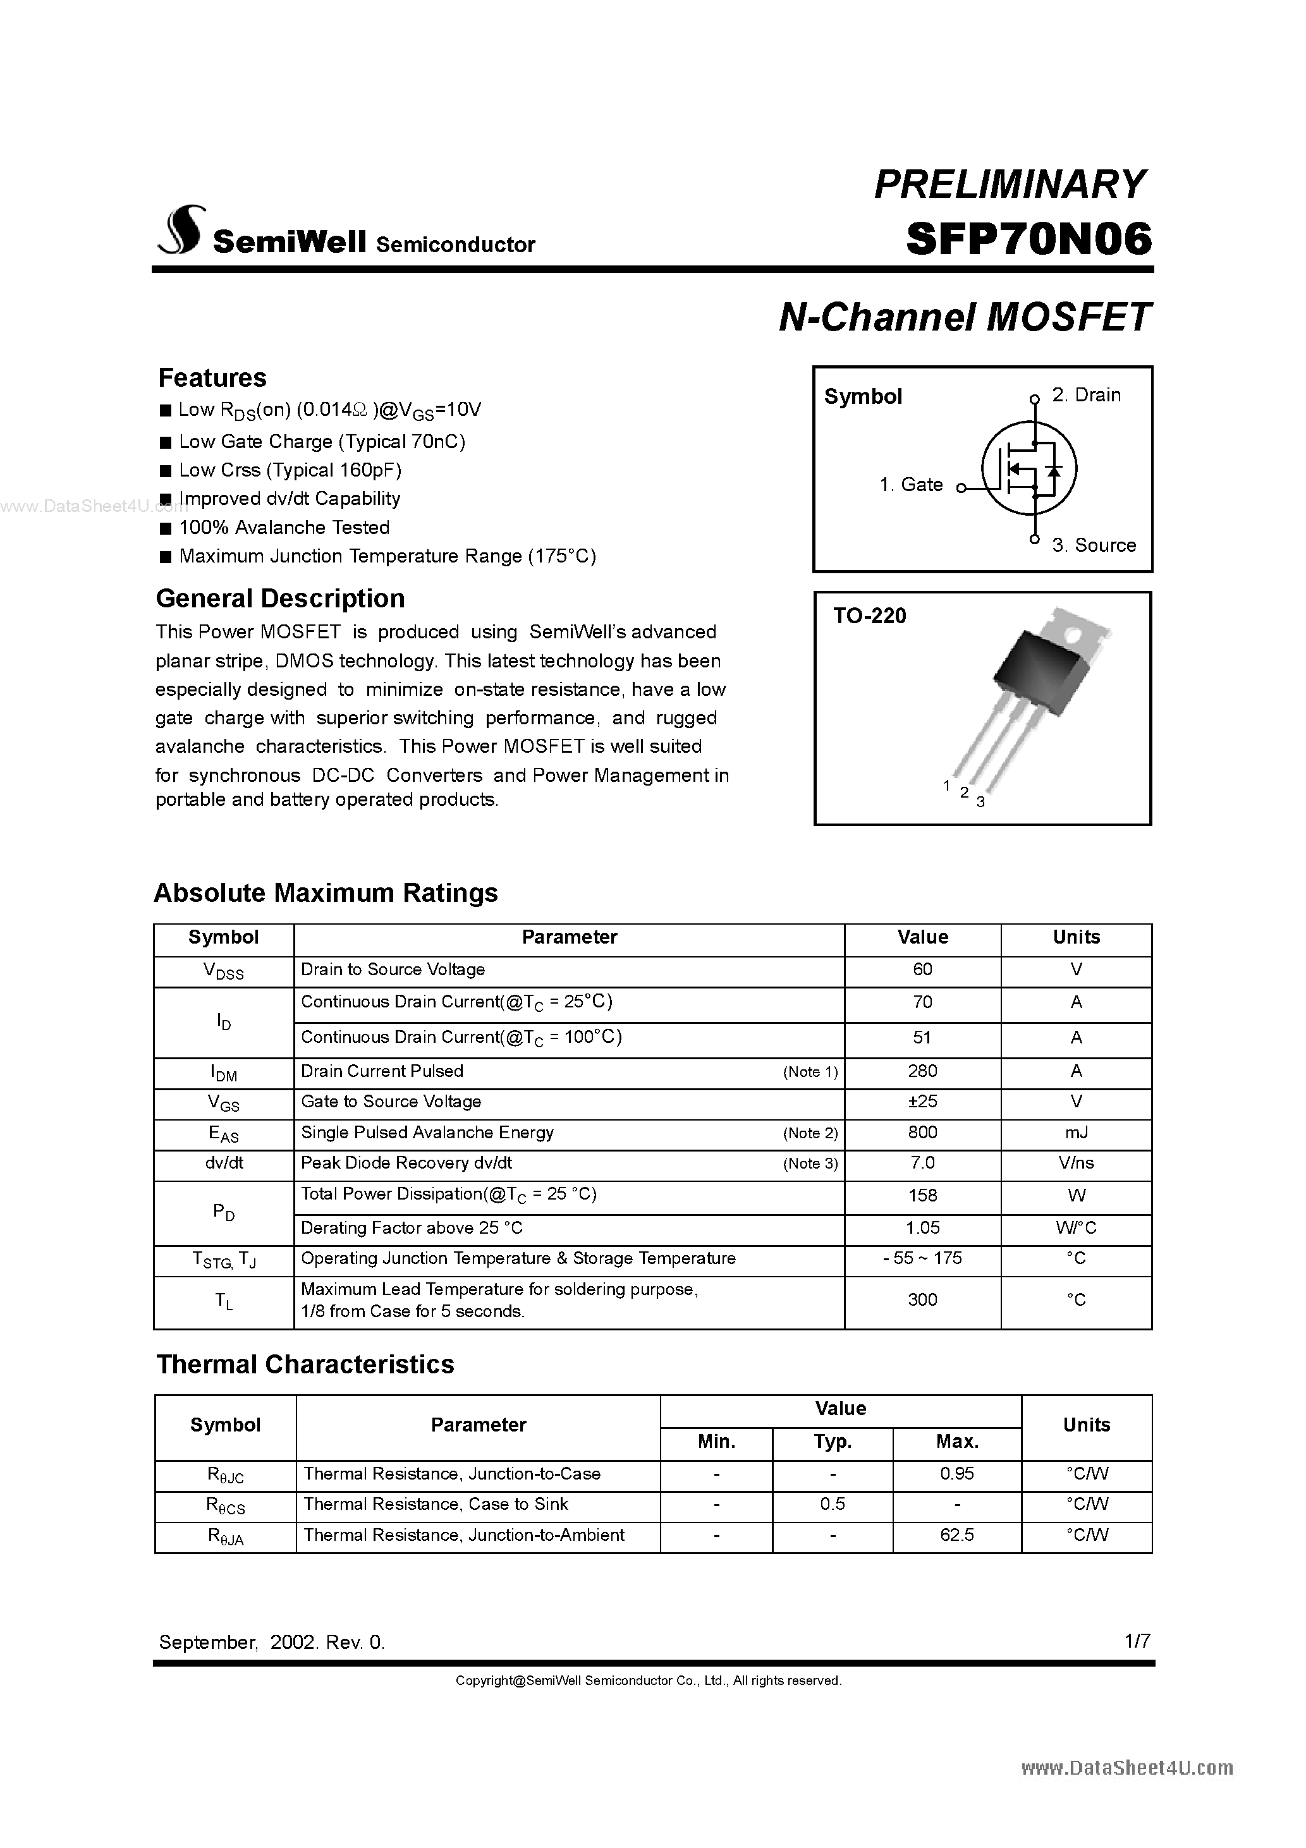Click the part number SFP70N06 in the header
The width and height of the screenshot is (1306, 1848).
1028,239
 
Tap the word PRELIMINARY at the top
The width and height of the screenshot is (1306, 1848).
1010,185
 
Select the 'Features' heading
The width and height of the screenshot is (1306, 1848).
212,377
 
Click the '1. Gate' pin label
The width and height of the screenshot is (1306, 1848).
911,485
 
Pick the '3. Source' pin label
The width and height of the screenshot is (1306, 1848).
1094,545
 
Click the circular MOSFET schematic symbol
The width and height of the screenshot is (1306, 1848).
1028,469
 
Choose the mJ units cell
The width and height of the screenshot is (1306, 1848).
1076,1133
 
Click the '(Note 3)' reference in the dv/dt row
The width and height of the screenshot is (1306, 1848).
810,1164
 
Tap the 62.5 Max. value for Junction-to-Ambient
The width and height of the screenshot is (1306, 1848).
956,1536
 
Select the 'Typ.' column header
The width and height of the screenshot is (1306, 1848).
833,1442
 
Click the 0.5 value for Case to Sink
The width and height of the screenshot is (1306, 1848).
833,1504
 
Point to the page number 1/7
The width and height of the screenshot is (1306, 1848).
1138,1641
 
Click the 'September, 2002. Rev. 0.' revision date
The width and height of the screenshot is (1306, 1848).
272,1643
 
